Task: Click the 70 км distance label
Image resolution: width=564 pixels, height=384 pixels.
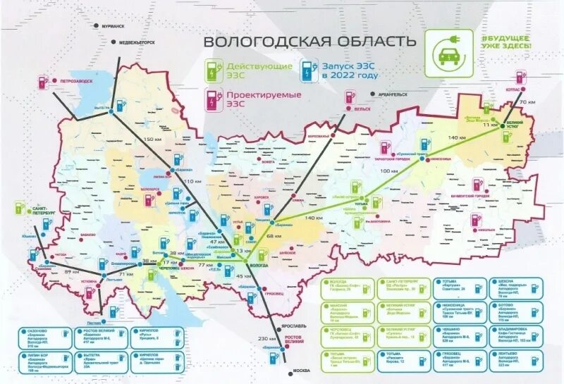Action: click(x=522, y=103)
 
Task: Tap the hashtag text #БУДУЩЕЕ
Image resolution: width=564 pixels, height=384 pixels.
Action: click(x=506, y=37)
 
